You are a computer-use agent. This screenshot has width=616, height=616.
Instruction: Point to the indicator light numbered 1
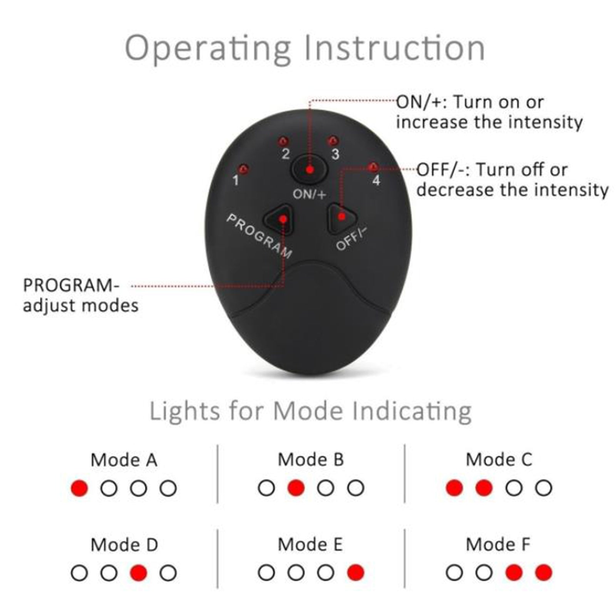(243, 169)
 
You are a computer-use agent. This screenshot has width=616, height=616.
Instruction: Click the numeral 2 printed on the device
(285, 154)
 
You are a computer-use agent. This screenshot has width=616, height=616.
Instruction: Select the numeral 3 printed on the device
(335, 154)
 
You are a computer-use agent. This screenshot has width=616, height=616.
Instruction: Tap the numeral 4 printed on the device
(376, 180)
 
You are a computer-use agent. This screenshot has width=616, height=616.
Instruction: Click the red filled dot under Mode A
(79, 488)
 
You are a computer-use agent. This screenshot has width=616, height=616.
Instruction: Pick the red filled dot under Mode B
(296, 488)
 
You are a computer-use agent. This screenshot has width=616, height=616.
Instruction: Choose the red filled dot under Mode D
(139, 572)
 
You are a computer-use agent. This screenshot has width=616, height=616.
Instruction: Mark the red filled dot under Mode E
(355, 572)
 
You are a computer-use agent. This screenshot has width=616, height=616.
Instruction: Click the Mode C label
(499, 460)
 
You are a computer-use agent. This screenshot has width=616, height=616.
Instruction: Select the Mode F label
(498, 544)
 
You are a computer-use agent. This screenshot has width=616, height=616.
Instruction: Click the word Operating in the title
(208, 49)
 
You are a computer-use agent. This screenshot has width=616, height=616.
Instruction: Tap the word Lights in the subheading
(185, 411)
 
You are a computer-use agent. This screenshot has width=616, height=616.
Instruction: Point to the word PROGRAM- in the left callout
(72, 286)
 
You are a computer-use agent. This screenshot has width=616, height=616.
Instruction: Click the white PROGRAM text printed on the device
(259, 236)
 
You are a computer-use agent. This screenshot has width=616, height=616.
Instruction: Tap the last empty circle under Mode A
(168, 488)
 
